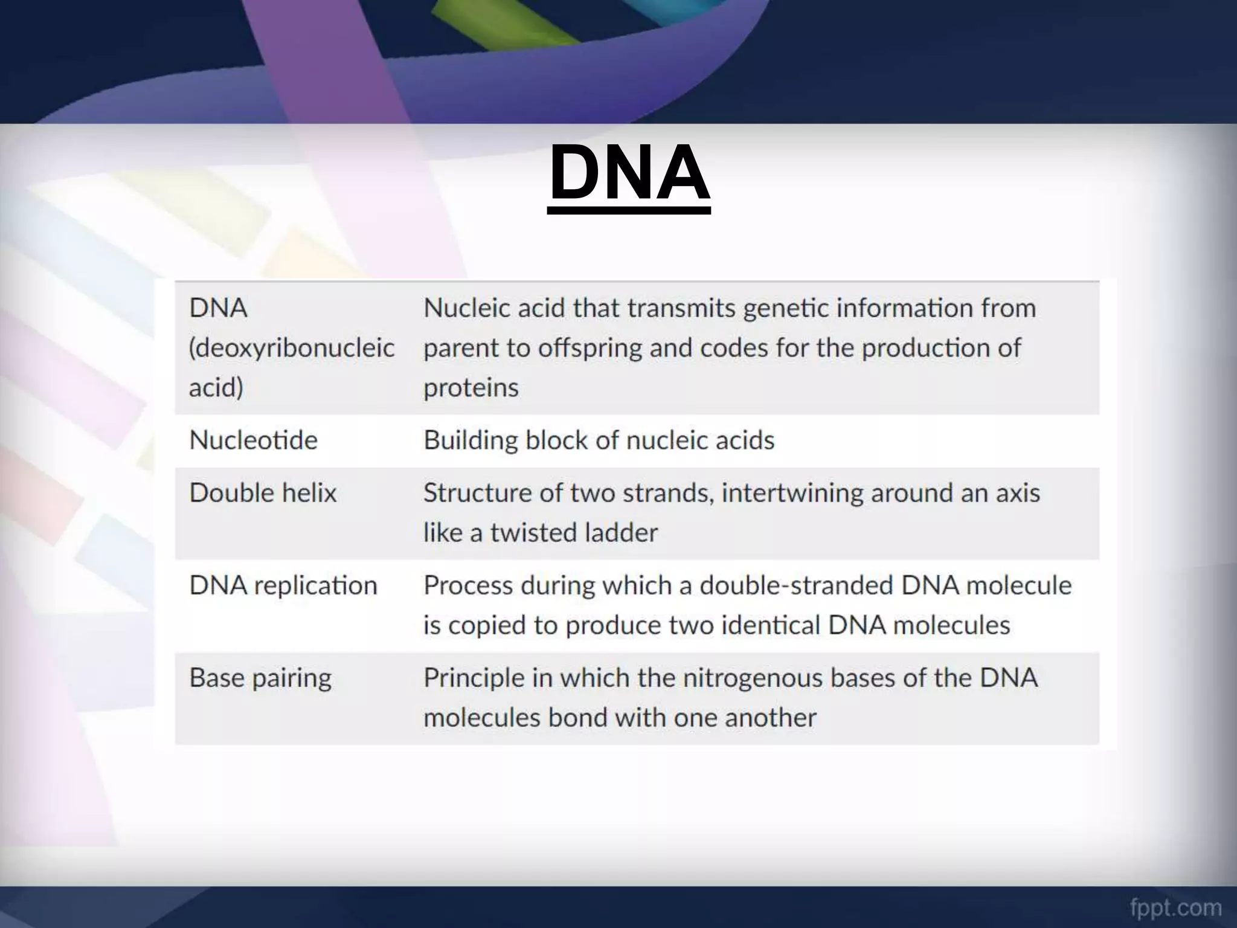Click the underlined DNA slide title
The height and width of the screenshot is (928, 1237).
(629, 174)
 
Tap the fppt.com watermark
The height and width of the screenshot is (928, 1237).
(1175, 907)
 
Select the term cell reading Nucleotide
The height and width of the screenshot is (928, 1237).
(253, 440)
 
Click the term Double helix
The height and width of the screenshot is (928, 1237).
(263, 493)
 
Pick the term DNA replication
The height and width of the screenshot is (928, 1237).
(283, 585)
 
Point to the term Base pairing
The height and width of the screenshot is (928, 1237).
(260, 678)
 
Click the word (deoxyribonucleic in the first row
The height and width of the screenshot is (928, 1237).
(292, 348)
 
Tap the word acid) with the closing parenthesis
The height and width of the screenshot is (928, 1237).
(216, 387)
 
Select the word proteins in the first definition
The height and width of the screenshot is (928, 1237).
(471, 387)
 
